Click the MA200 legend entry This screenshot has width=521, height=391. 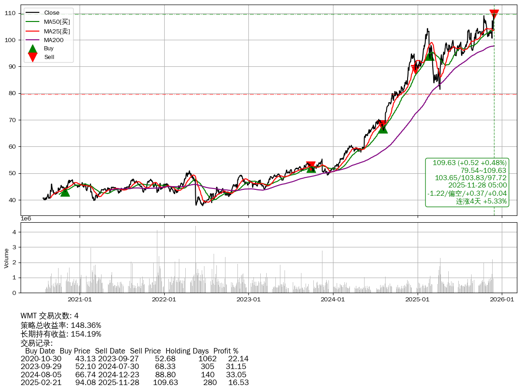(x=54, y=40)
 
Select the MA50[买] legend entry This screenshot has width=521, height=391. (x=57, y=21)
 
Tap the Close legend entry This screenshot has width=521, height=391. (x=52, y=13)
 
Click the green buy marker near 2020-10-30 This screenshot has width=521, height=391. (x=65, y=192)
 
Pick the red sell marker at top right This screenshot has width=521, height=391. (x=494, y=14)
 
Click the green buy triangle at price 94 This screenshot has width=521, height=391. (x=430, y=56)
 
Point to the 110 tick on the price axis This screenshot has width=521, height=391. (x=11, y=14)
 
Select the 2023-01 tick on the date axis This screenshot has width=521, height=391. (x=248, y=300)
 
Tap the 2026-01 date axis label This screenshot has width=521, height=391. (x=502, y=300)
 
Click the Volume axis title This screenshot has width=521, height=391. (x=6, y=258)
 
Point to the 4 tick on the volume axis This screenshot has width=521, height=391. (x=14, y=232)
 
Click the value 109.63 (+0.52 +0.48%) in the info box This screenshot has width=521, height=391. (x=469, y=163)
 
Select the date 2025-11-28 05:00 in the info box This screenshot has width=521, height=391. (x=477, y=185)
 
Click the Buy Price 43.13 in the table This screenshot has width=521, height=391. (x=86, y=359)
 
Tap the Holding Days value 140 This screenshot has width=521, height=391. (x=208, y=375)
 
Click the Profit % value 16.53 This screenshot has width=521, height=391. (x=239, y=382)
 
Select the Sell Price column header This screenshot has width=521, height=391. (x=145, y=351)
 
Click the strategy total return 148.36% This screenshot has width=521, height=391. (x=86, y=325)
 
